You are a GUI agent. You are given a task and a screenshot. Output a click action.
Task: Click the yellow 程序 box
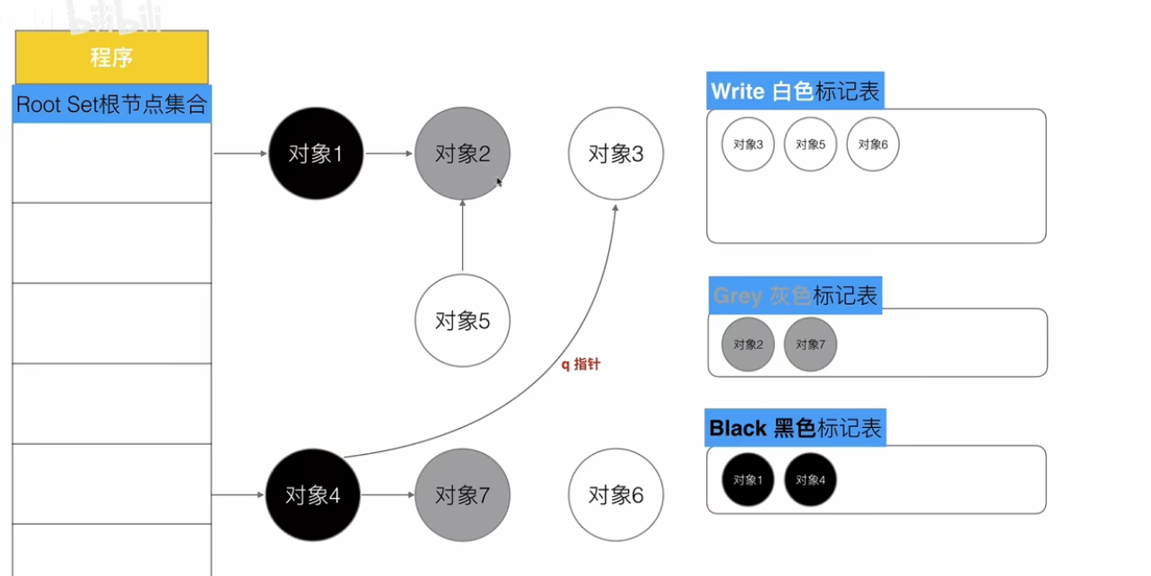point(112,57)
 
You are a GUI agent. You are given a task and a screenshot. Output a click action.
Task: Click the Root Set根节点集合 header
point(112,104)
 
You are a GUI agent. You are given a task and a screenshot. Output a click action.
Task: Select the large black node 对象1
point(316,153)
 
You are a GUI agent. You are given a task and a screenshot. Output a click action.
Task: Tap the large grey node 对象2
point(462,153)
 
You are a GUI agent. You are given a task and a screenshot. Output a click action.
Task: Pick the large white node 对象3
point(616,153)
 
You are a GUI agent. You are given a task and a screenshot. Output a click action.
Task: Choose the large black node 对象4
point(313,494)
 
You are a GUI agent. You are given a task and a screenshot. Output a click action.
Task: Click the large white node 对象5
point(462,321)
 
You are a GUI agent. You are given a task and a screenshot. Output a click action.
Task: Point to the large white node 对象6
point(616,494)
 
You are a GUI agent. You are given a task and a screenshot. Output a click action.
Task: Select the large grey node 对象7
point(462,494)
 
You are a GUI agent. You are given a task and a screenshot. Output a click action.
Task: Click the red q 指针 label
point(580,365)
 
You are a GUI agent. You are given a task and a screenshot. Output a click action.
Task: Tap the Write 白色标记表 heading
point(796,91)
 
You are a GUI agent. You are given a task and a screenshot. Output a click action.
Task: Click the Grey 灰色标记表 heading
point(795,295)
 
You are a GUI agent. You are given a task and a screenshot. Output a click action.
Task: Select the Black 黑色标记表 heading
point(796,428)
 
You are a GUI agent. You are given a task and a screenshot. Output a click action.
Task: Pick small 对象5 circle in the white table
point(810,144)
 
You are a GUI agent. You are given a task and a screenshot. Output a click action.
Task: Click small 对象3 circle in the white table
point(748,144)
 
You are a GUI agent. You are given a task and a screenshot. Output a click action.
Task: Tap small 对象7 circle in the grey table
point(810,344)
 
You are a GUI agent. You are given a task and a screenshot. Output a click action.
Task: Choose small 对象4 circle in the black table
point(810,480)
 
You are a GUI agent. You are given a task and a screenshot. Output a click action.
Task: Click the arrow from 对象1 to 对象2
point(388,153)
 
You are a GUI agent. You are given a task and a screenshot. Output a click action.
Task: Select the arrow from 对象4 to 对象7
point(388,494)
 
